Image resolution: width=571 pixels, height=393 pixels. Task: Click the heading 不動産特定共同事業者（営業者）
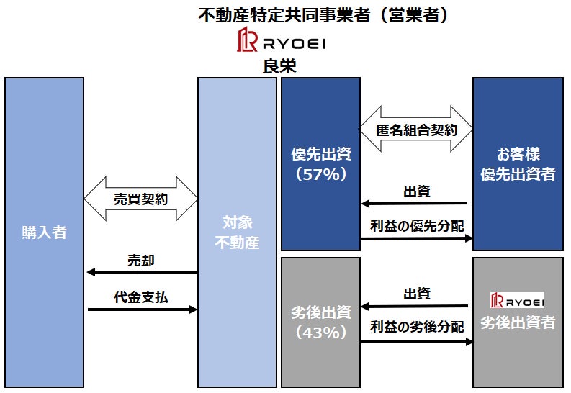[323, 15]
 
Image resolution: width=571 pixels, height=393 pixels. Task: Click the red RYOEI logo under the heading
[282, 40]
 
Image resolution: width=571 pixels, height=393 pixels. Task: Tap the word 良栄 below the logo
[279, 66]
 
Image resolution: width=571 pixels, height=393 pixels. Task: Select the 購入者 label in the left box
[44, 232]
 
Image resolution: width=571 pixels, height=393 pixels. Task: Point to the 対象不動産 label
[237, 232]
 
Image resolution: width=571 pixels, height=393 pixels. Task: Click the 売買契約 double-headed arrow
[141, 199]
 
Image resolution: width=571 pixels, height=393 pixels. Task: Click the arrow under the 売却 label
[143, 272]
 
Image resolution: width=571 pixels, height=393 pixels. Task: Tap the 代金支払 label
[141, 297]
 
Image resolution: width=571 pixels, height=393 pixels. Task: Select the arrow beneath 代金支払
[143, 310]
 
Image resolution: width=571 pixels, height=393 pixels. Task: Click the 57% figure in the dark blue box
[321, 175]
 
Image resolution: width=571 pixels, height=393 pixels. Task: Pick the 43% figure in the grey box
[321, 333]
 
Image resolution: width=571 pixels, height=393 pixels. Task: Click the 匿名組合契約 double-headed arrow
[416, 129]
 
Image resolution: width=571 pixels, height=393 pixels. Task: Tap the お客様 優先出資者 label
[518, 164]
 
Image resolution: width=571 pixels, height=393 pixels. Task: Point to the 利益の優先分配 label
[417, 226]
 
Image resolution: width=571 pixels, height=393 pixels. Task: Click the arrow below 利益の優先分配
[417, 238]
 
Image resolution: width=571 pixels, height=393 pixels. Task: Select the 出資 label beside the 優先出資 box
[417, 191]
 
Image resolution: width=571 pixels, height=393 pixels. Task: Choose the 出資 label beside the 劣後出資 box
[417, 294]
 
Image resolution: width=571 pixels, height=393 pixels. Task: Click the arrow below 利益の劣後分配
[417, 342]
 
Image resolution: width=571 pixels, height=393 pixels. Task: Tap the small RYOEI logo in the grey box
[518, 300]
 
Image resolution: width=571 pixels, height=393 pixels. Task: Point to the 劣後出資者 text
[518, 322]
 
